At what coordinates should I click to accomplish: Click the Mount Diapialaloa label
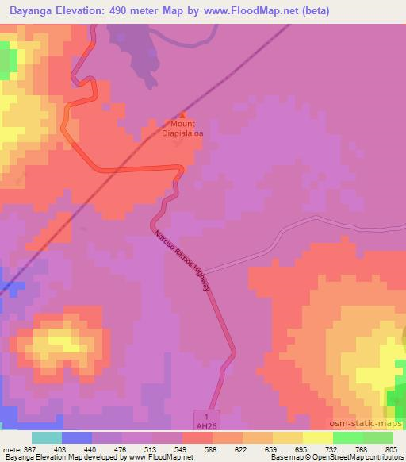[x=183, y=129]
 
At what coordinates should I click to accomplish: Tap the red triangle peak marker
[x=183, y=114]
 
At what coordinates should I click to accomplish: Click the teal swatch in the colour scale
[x=46, y=438]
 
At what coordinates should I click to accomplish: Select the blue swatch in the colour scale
[x=76, y=438]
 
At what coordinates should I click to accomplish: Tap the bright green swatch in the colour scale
[x=347, y=438]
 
